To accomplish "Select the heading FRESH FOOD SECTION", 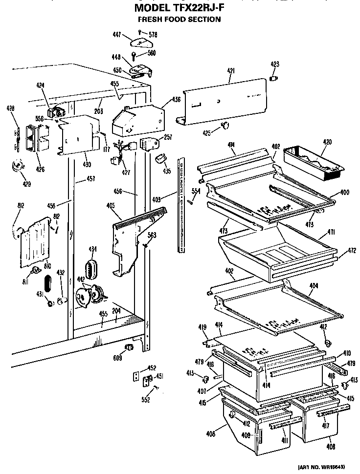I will [x=180, y=20].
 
